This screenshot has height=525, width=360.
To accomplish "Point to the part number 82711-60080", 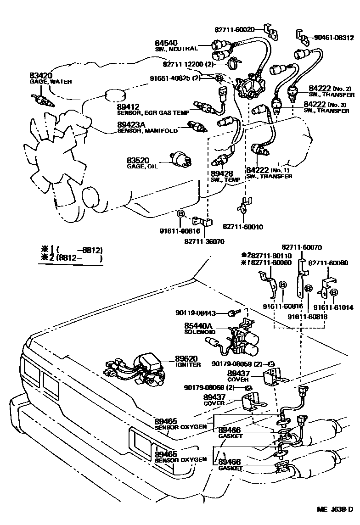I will pyautogui.click(x=328, y=263).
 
